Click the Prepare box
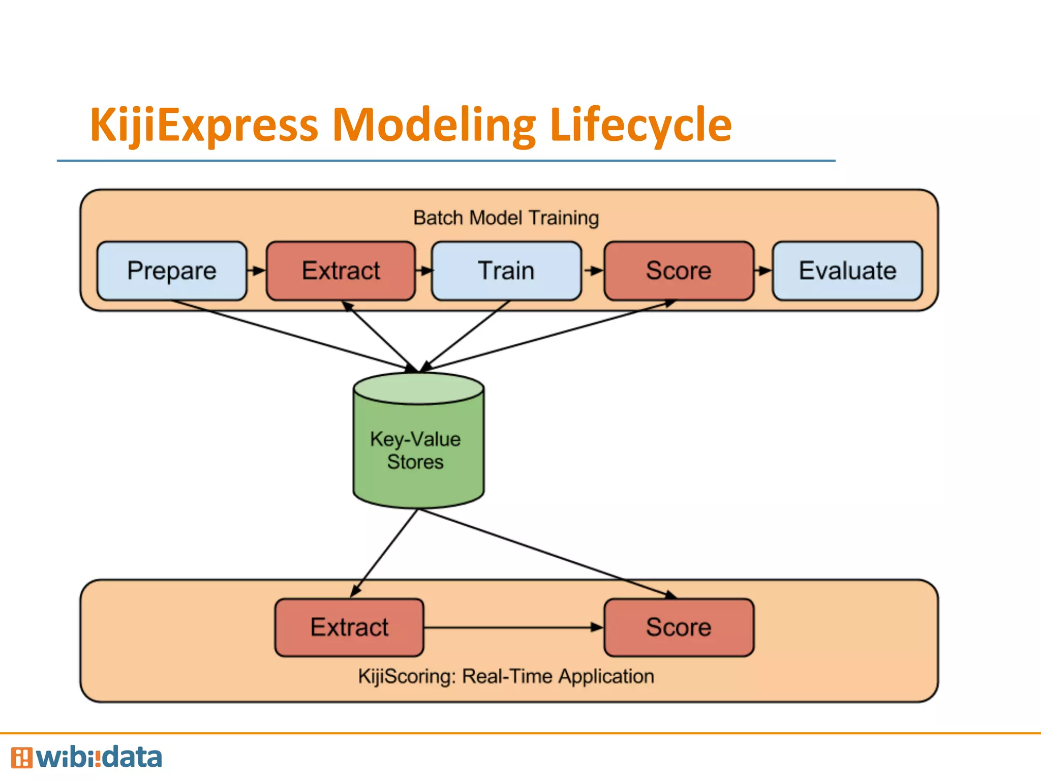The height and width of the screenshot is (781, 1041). tap(172, 271)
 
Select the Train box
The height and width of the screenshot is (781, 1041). tap(506, 271)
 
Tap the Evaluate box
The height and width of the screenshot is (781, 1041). tap(847, 271)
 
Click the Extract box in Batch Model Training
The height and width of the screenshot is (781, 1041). tap(341, 271)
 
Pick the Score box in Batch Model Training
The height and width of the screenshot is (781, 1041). tap(679, 271)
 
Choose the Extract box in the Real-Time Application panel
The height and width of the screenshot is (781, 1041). tap(349, 627)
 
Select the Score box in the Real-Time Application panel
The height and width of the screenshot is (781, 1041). tap(679, 627)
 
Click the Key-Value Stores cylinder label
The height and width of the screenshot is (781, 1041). tap(415, 450)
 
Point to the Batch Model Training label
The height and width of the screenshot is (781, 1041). tap(506, 218)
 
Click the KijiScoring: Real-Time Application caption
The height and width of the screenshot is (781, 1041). tap(506, 676)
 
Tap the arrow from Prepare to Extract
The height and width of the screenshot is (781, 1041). tap(257, 271)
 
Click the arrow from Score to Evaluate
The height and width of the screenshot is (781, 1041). tap(763, 271)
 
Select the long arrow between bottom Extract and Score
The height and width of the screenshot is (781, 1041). tap(513, 627)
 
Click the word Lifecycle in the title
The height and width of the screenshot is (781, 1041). tap(640, 125)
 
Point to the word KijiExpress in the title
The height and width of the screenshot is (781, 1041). tap(203, 125)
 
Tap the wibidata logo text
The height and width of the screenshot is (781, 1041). tap(99, 758)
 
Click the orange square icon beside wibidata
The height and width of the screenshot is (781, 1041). tap(21, 758)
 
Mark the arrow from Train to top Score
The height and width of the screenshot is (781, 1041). tap(593, 271)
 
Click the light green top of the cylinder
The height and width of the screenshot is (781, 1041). tap(418, 388)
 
